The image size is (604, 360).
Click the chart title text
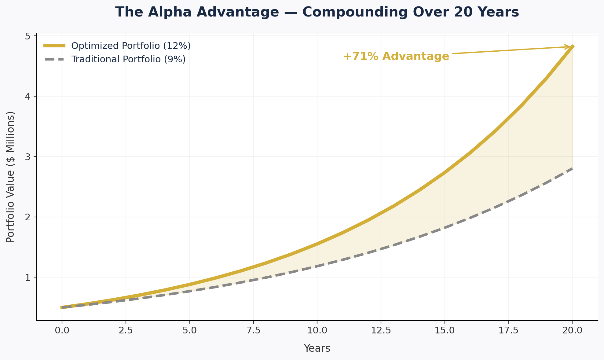317,12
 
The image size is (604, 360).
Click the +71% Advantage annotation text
396,57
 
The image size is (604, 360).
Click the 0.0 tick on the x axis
62,331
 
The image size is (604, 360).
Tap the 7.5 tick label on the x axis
253,331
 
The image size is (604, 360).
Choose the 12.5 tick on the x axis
381,331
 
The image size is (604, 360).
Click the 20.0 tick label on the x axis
572,331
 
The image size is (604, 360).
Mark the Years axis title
317,348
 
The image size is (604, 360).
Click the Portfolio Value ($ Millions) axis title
10,177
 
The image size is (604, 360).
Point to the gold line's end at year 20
572,47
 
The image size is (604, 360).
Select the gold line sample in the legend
54,46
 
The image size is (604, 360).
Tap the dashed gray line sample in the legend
54,59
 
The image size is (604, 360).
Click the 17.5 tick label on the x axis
508,331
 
